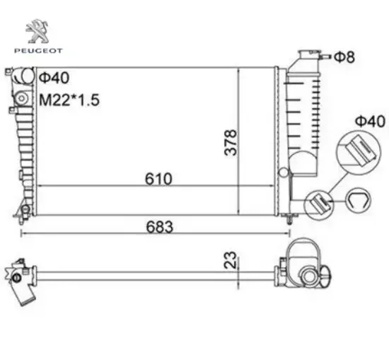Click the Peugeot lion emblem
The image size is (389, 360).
(x=37, y=31)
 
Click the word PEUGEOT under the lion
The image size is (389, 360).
(x=38, y=51)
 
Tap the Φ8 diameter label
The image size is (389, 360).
(x=344, y=57)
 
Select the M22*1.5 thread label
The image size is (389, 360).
(x=69, y=100)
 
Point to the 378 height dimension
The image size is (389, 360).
(x=231, y=142)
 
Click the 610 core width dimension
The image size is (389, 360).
(x=158, y=179)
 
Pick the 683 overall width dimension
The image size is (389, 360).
(x=159, y=227)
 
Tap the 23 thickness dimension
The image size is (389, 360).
(x=231, y=260)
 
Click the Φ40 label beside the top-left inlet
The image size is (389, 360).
(x=54, y=78)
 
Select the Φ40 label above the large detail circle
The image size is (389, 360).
(x=370, y=122)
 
